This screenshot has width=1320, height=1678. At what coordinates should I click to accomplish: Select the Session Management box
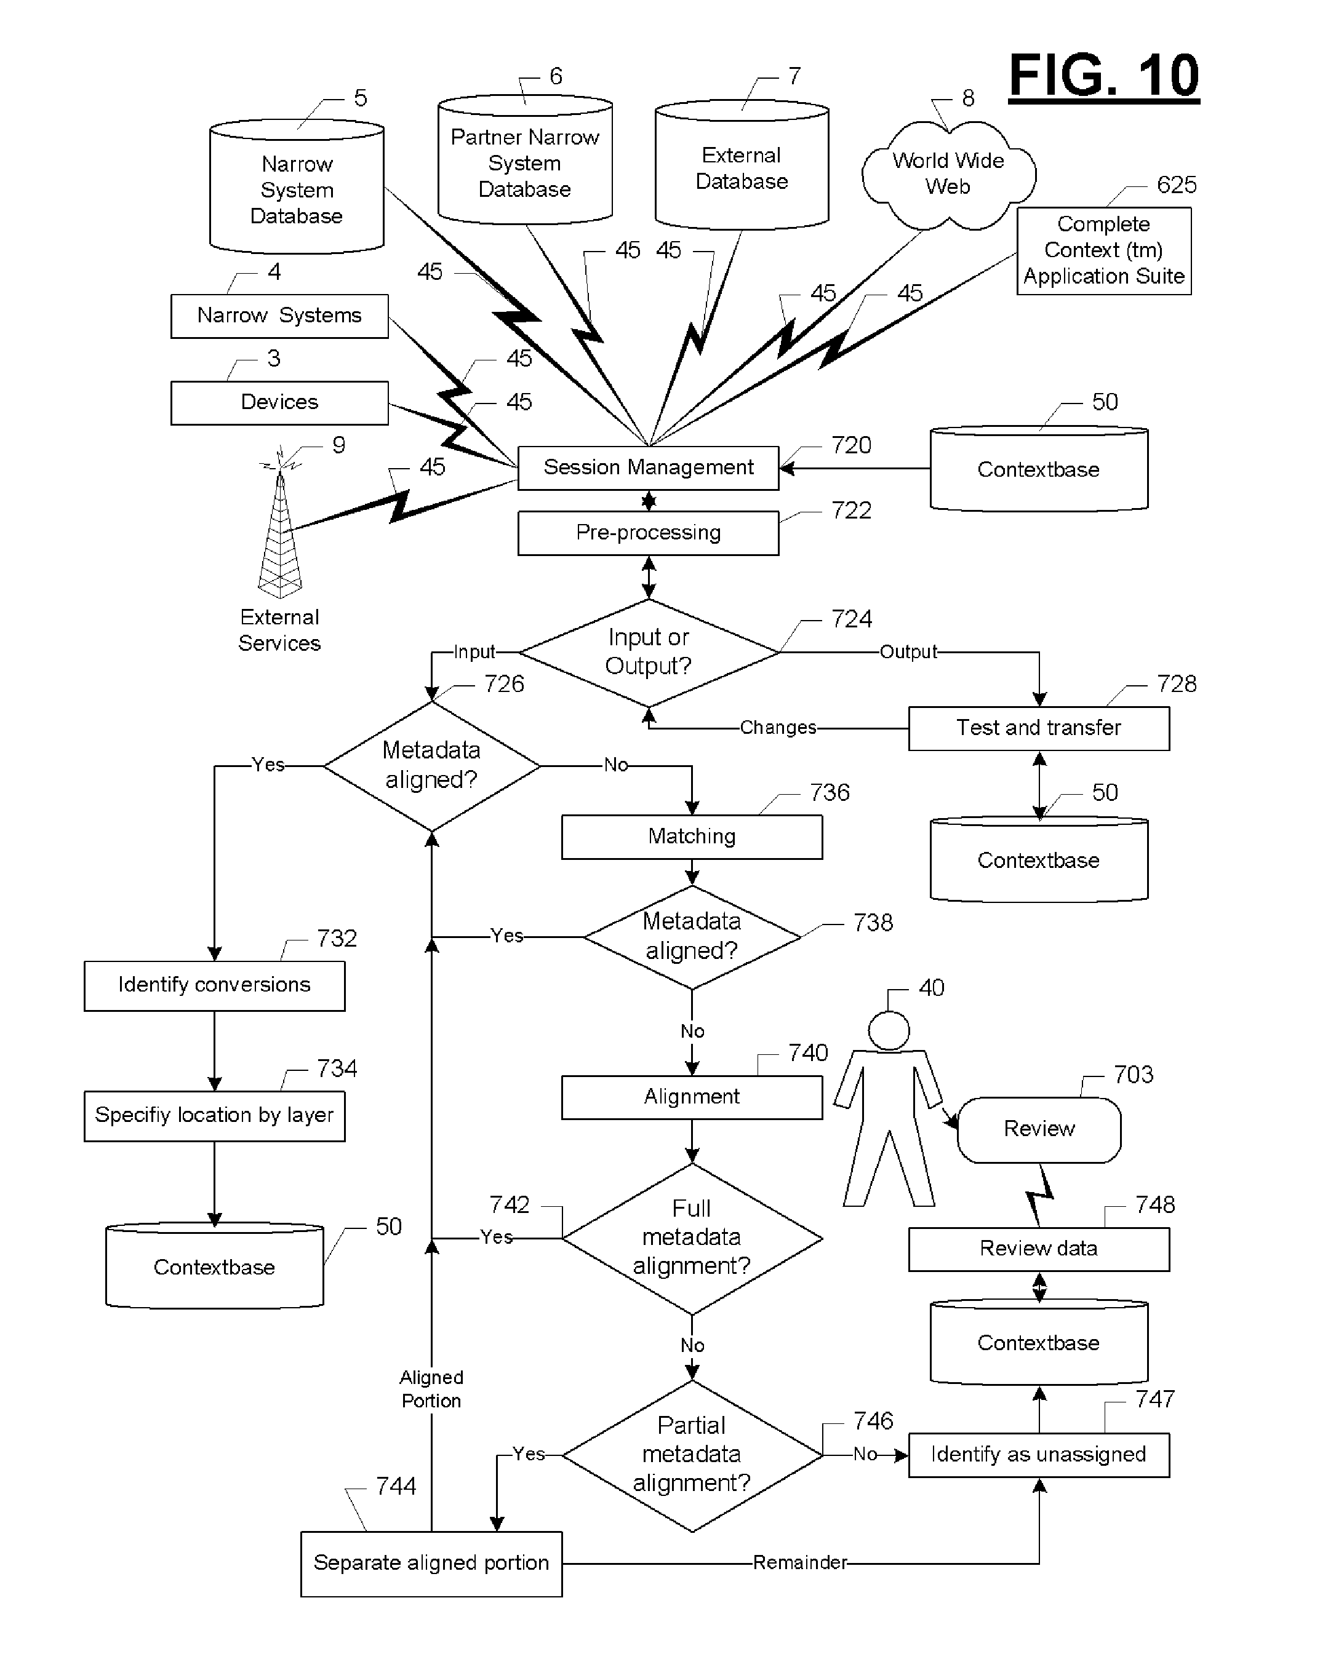(649, 467)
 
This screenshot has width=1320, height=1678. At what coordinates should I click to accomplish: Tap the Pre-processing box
(649, 533)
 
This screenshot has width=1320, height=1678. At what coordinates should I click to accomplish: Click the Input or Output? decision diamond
(649, 653)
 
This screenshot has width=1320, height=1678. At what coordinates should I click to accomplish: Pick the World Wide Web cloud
(948, 175)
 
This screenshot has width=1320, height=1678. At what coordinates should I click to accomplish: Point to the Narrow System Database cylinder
(297, 186)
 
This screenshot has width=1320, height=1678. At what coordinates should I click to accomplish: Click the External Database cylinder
(742, 165)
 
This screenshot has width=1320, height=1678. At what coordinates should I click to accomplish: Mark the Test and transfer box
(1039, 728)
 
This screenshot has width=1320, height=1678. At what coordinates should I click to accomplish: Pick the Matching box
(692, 837)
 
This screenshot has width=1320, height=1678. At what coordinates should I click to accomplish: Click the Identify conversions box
(214, 986)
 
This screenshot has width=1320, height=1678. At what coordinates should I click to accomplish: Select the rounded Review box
(1039, 1129)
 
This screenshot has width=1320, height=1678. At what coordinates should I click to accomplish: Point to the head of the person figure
(889, 1030)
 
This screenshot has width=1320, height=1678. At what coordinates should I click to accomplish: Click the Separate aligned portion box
(431, 1564)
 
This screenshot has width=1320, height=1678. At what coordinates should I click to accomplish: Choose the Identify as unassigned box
(1039, 1455)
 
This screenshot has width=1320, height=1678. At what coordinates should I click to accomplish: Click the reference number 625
(1176, 185)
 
